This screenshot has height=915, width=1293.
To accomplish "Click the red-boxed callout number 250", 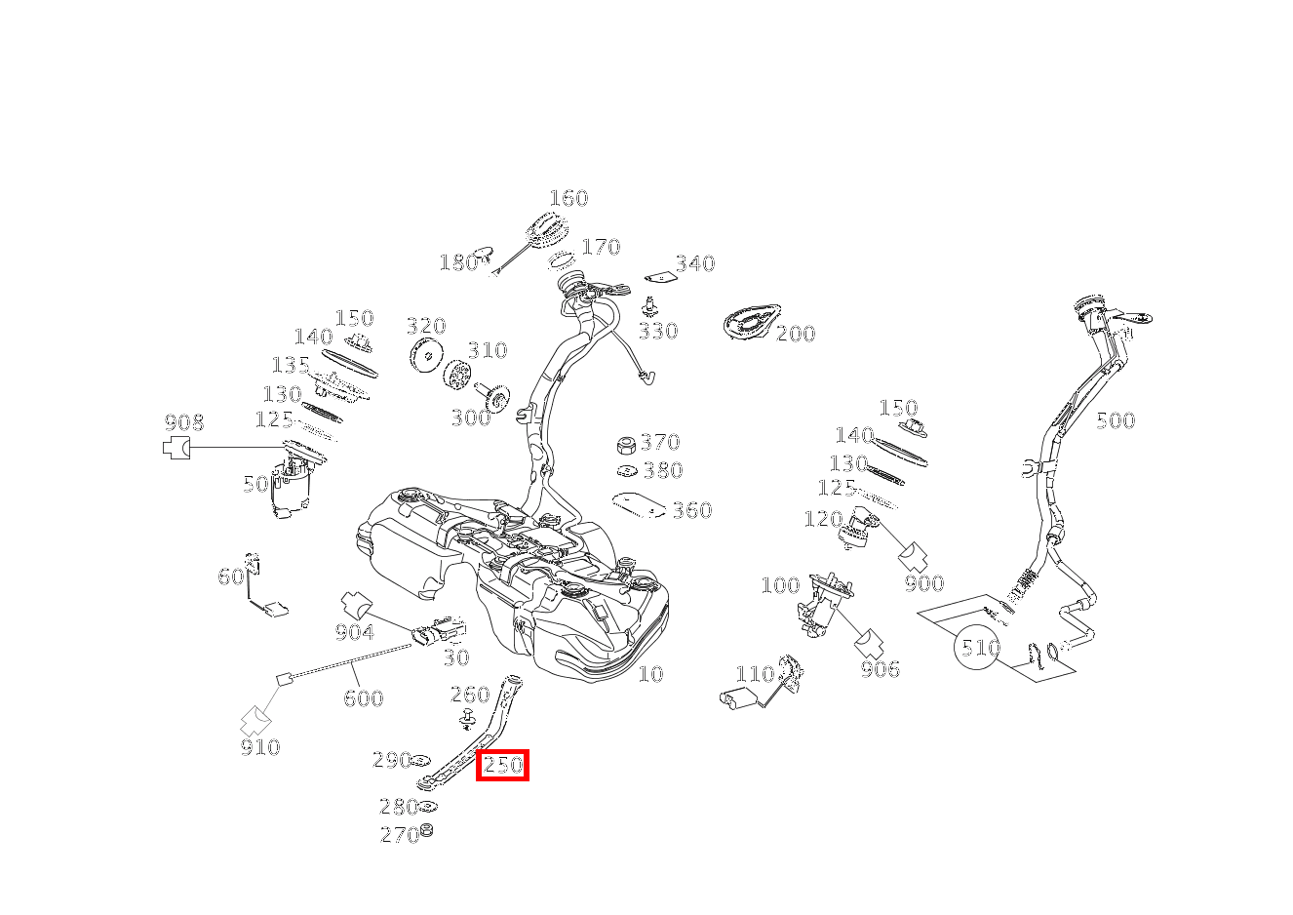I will point(502,766).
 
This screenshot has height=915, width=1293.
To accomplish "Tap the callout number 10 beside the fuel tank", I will point(650,674).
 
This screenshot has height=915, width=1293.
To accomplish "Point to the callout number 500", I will point(1116,420).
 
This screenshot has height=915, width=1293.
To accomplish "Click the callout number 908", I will point(183,422).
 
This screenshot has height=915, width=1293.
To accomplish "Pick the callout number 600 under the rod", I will point(363,697).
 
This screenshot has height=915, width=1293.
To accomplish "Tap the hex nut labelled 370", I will point(627,445).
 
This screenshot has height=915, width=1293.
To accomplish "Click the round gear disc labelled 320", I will point(426,357).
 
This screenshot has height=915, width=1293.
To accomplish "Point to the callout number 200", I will point(796,334).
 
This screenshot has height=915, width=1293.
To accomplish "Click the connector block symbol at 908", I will point(176,448).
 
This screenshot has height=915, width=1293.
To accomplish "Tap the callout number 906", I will point(880,669).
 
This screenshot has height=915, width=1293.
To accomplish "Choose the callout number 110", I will point(754,674).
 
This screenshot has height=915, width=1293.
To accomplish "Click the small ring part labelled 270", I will point(426,831).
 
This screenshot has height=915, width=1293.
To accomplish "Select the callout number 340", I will point(694,263).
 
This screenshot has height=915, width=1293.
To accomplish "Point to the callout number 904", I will point(354,632).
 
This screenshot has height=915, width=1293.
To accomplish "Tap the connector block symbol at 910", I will point(255,720).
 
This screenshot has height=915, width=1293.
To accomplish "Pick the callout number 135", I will point(291,366).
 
